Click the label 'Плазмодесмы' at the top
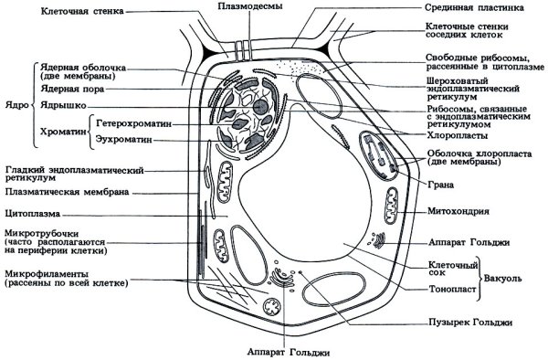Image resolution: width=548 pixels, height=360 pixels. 242,6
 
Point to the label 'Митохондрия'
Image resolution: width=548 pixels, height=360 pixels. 460,211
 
